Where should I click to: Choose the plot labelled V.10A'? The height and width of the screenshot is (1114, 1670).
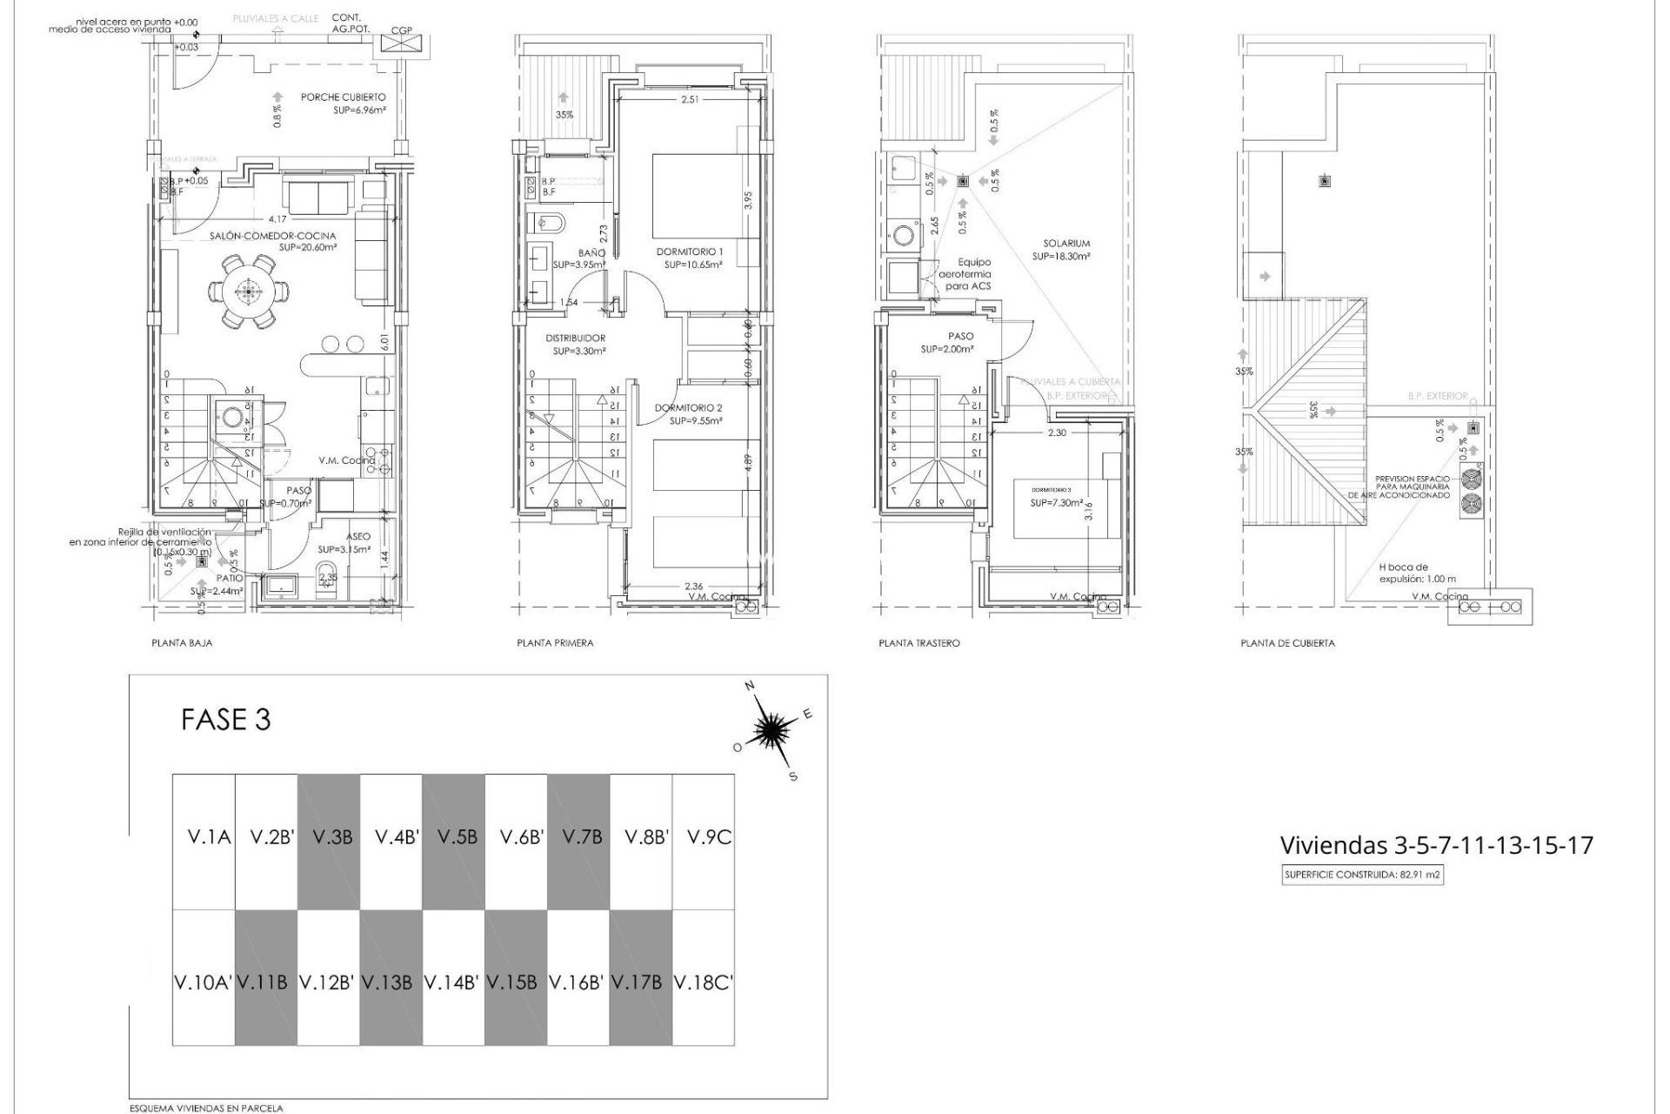pos(203,983)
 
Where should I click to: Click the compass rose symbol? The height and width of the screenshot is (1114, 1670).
pos(771,730)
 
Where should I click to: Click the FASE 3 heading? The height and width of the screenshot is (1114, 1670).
pos(226,721)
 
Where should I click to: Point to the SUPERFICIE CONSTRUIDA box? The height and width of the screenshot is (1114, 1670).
pos(1362,876)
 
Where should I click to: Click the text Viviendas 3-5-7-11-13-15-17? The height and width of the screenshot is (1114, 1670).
pos(1436,845)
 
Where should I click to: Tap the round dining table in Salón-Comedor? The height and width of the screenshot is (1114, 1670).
pos(249,292)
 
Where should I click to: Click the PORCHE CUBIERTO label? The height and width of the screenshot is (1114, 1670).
pos(343,97)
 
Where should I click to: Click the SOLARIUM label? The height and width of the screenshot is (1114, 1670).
pos(1067,244)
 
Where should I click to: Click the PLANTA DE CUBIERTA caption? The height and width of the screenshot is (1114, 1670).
pos(1287,643)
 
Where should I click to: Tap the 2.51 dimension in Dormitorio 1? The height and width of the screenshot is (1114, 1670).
pos(690,100)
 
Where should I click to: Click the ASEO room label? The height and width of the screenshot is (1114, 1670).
pos(357,537)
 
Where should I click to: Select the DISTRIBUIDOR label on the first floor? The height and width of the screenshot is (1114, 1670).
pos(575,339)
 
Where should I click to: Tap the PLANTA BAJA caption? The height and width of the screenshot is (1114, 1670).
pos(182,643)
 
